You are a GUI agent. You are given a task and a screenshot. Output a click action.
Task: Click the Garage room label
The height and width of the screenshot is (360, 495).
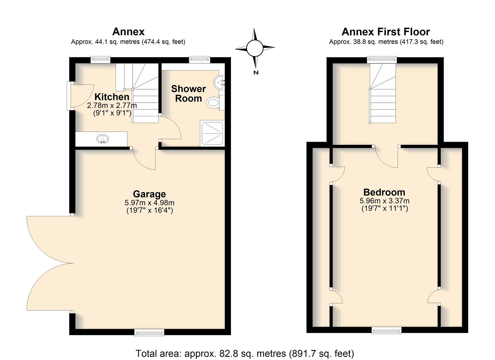[149, 194]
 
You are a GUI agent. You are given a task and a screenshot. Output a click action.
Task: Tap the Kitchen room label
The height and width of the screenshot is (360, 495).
[112, 97]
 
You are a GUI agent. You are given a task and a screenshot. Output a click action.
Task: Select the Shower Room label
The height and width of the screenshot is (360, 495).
[188, 93]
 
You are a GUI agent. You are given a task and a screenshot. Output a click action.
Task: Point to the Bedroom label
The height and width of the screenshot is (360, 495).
[384, 192]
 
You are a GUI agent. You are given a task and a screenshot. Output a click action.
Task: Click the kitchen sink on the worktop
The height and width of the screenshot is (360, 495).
[103, 139]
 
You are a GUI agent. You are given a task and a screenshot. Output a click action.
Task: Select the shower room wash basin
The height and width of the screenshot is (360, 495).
[219, 82]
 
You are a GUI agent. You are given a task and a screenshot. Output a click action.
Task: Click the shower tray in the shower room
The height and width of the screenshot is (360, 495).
[212, 133]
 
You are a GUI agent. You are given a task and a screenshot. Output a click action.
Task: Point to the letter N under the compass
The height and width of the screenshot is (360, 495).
[256, 72]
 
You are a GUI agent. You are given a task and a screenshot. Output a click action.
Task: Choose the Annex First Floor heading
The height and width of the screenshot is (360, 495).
[386, 32]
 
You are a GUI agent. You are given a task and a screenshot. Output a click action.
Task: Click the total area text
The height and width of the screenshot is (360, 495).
[245, 354]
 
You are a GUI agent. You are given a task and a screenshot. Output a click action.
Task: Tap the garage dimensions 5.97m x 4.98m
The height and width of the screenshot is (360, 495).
[150, 202]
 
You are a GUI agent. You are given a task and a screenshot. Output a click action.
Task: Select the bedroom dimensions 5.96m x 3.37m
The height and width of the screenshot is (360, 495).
[385, 201]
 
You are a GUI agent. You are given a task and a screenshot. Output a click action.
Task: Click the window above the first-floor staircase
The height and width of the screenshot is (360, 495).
[382, 60]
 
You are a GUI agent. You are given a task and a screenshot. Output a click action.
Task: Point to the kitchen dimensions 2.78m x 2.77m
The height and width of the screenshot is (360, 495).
[112, 105]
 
